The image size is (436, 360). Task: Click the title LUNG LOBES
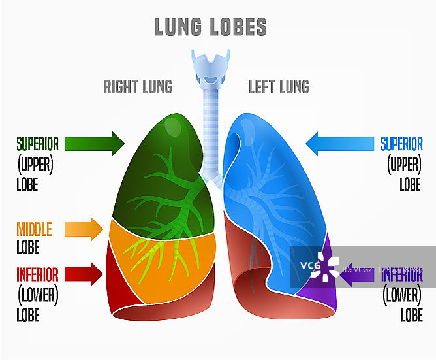(x=210, y=27)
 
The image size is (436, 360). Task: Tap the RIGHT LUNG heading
(x=138, y=86)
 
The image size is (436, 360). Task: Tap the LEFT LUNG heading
(x=279, y=86)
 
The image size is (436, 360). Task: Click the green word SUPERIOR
(x=37, y=143)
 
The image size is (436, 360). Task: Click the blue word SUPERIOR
(x=401, y=143)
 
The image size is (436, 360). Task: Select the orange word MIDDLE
(x=34, y=229)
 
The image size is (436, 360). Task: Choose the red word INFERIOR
(x=37, y=274)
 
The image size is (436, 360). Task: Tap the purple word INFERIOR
(x=402, y=275)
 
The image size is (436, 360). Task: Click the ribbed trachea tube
(x=210, y=131)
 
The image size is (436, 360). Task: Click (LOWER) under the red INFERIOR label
(x=37, y=295)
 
